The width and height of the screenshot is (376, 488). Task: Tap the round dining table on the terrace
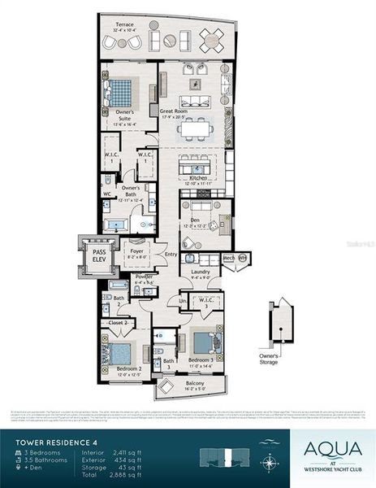(x=213, y=37)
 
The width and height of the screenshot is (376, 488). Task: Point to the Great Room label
(x=173, y=111)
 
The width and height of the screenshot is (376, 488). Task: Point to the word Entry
(x=171, y=255)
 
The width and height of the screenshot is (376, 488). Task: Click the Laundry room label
(x=200, y=272)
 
